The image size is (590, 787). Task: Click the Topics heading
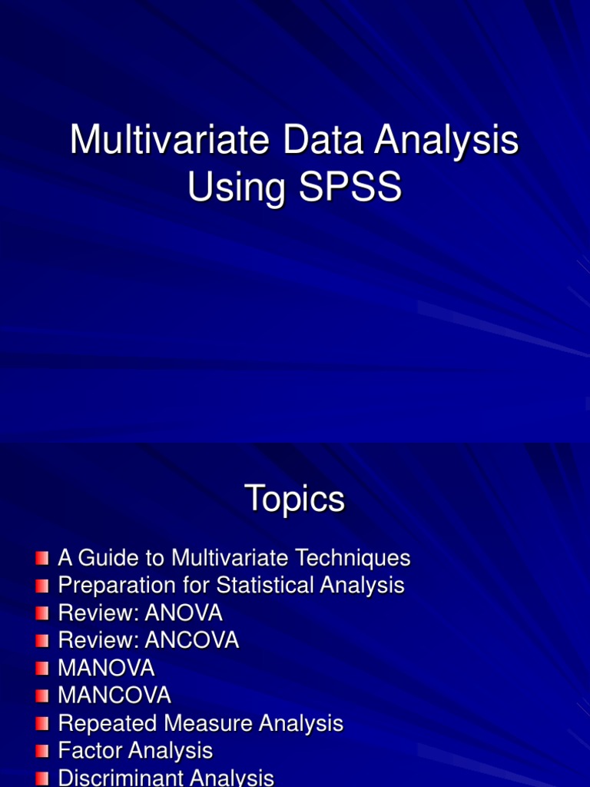coord(294,500)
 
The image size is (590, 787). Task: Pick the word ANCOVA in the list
coord(191,641)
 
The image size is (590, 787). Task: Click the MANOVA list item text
coord(106,668)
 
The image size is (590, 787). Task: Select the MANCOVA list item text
coord(114,696)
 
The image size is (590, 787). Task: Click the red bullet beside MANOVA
coord(42,669)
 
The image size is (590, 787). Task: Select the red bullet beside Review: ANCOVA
coord(42,641)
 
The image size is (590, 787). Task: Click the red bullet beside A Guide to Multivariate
coord(42,558)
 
